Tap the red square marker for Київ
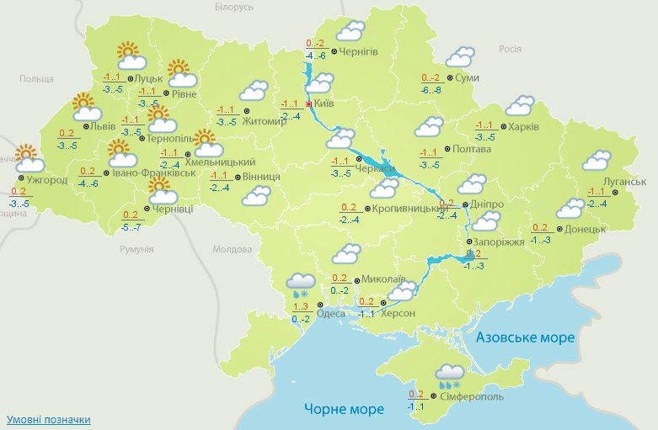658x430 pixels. click(308, 104)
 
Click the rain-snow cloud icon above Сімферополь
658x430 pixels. click(449, 376)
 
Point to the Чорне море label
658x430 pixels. click(344, 409)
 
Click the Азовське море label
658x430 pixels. click(525, 337)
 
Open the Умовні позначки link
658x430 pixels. click(48, 419)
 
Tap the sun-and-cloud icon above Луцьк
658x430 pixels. click(129, 57)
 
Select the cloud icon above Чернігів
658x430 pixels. click(350, 32)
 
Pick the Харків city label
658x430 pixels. click(522, 128)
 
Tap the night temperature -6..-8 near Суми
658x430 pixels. click(431, 90)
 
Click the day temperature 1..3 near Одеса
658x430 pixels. click(301, 306)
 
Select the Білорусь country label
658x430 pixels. click(233, 7)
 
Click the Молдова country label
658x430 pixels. click(232, 250)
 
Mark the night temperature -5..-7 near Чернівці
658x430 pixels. click(131, 227)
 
